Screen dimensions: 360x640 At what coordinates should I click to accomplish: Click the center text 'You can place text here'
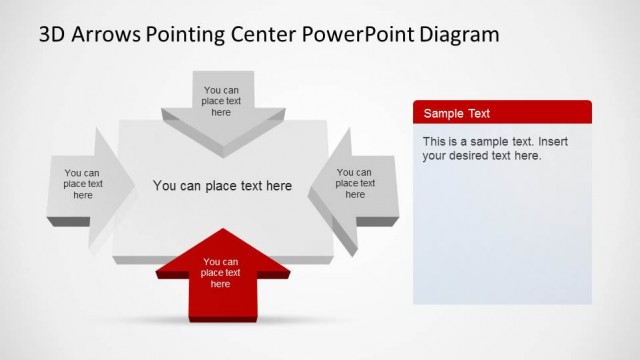click(222, 185)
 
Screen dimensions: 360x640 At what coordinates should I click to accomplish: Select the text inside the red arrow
click(221, 273)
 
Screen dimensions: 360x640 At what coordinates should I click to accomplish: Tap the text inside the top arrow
click(221, 101)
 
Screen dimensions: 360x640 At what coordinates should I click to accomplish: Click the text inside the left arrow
click(83, 184)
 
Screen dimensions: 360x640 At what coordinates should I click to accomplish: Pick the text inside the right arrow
click(355, 183)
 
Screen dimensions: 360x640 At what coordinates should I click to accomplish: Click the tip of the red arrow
click(221, 232)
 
